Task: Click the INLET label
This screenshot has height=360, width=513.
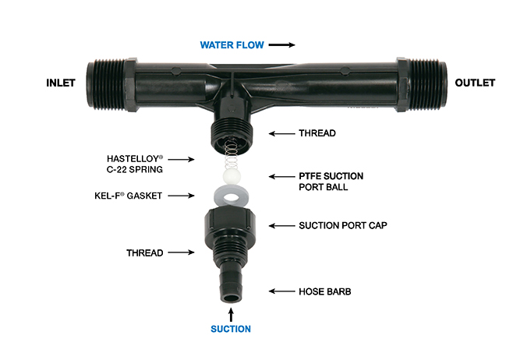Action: [x=61, y=83]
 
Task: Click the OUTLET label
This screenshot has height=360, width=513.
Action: [x=475, y=83]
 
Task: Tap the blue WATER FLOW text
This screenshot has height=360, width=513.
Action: [x=232, y=44]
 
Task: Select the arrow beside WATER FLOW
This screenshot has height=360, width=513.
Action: [x=281, y=44]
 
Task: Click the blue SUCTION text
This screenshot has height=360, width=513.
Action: [x=231, y=329]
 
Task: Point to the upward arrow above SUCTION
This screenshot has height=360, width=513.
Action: [x=231, y=316]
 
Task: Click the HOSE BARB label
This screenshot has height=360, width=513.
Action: [x=325, y=291]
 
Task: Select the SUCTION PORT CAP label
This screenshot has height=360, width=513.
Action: [x=343, y=226]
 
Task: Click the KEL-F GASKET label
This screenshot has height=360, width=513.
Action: [x=128, y=196]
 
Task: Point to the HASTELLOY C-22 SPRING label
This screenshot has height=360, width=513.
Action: [x=134, y=164]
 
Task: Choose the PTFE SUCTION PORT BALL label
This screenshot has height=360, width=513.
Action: [x=331, y=182]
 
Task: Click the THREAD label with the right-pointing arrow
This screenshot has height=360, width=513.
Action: [x=145, y=252]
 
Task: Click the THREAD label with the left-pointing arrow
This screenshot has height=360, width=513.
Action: [x=317, y=133]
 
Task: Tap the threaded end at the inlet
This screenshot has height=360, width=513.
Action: [x=106, y=84]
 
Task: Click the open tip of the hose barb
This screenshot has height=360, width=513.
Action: [x=232, y=298]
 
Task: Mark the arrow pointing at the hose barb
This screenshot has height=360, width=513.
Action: [x=281, y=291]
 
